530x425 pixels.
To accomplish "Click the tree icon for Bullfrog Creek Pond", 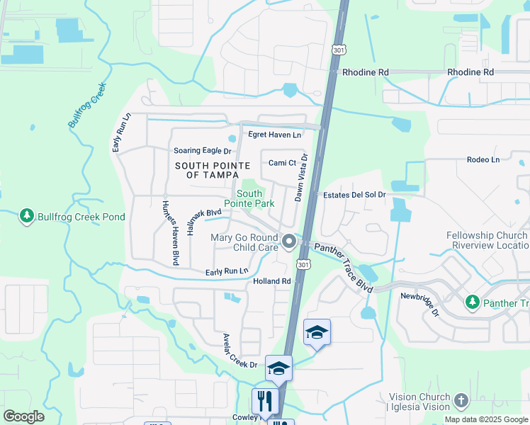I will (27, 215).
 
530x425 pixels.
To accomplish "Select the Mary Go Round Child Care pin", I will (288, 242).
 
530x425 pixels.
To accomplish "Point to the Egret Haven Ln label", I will (274, 135).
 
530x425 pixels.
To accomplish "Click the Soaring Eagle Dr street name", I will (203, 151).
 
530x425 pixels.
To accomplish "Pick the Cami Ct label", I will (281, 163).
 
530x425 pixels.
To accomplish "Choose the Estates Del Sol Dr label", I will (354, 195).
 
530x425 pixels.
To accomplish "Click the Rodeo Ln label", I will (483, 159).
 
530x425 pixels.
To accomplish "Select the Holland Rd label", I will (272, 281).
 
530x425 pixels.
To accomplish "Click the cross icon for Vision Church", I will (461, 402).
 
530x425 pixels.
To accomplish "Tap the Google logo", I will (23, 416).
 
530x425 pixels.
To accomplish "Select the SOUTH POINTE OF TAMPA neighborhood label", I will (213, 170).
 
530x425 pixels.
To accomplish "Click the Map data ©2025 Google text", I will (486, 419).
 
